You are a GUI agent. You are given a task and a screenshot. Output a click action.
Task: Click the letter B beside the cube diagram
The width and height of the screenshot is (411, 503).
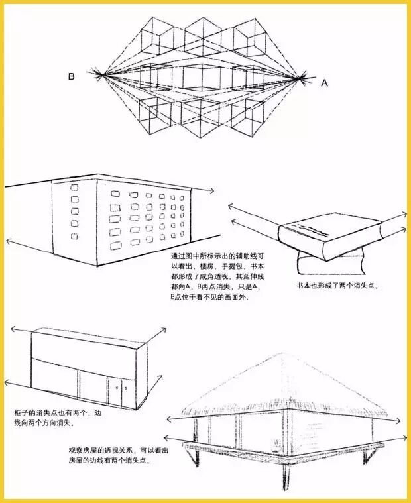coord(71,77)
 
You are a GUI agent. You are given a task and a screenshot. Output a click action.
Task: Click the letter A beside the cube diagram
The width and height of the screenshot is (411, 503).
coord(324,83)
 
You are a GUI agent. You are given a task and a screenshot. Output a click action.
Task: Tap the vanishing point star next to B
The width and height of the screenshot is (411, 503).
coord(101,74)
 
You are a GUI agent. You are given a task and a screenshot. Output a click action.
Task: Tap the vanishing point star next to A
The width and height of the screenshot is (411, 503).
coord(303,78)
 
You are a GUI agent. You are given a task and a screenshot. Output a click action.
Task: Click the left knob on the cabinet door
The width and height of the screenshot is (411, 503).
coord(117,388)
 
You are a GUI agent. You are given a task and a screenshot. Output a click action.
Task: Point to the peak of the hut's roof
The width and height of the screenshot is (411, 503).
coord(283,354)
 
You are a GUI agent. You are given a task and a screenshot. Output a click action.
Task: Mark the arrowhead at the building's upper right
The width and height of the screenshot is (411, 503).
coord(211,190)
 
